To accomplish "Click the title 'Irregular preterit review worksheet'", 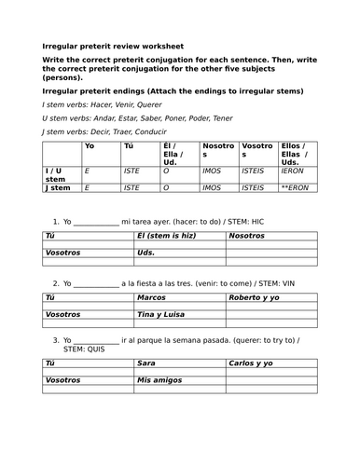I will click(113, 46).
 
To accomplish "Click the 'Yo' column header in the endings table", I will click(90, 146).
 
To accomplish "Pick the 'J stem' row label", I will click(58, 187).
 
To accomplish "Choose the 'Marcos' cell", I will click(153, 297).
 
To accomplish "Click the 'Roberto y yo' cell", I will click(255, 297).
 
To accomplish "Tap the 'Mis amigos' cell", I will click(159, 380).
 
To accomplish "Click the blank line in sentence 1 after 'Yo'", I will click(96, 221).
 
